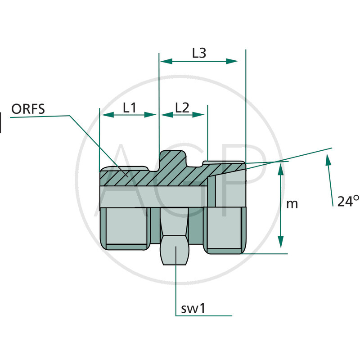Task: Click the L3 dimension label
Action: point(199,53)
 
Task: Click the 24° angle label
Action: point(348,201)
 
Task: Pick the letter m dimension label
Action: point(292,204)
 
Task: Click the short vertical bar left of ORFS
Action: point(1,123)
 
